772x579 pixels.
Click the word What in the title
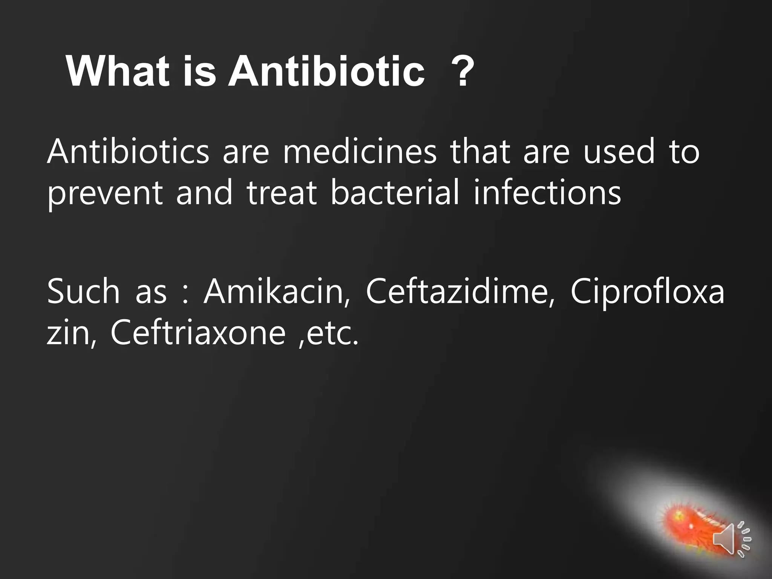pos(117,71)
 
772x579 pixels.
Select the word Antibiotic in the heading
pos(326,71)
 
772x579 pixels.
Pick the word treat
pos(281,193)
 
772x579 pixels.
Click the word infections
pos(547,193)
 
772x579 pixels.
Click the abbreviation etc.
pos(332,333)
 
